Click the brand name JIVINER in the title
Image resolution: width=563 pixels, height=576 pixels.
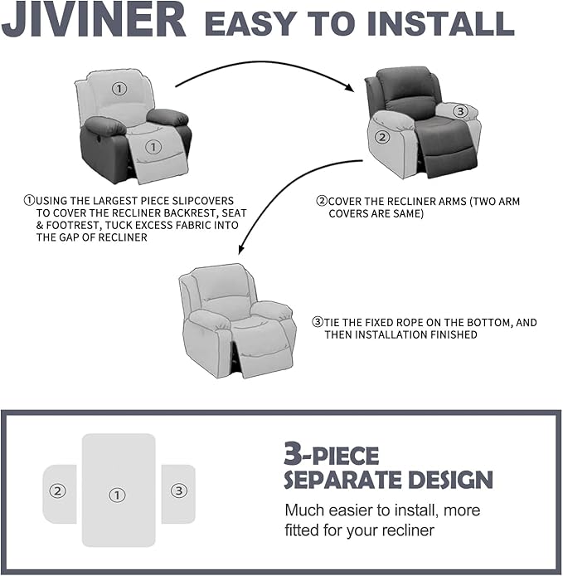point(93,22)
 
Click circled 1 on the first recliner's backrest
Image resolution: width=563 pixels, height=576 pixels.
point(119,88)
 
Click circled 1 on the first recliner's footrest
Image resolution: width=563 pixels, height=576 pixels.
point(153,147)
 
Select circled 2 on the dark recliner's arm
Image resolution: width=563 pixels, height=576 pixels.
point(382,138)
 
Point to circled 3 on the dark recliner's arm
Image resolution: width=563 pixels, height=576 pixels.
point(461,110)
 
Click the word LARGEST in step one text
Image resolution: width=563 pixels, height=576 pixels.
point(124,200)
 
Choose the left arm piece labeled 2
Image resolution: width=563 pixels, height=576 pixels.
point(58,491)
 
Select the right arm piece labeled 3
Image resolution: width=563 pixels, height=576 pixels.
point(178,491)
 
